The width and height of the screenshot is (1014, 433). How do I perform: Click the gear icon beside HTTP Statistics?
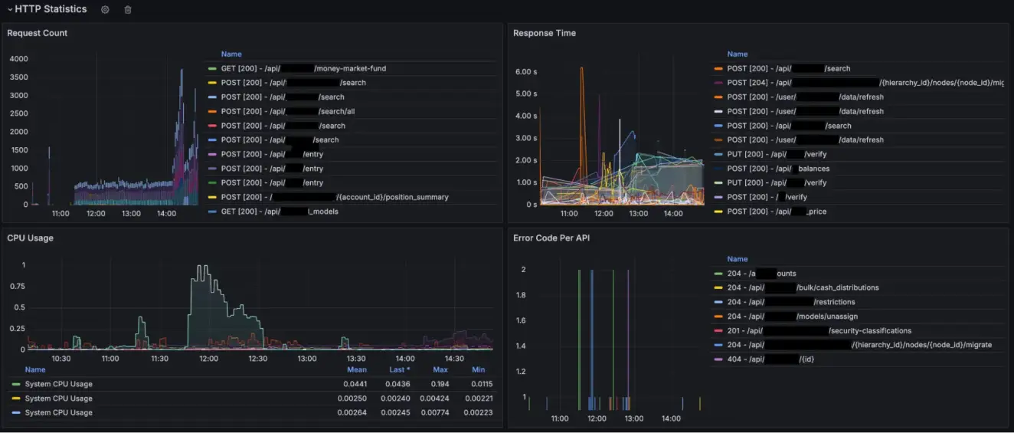tap(105, 10)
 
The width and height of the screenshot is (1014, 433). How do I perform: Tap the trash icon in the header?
tap(128, 10)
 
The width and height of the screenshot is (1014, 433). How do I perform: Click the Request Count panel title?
tap(37, 33)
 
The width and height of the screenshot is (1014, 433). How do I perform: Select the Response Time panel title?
tap(545, 33)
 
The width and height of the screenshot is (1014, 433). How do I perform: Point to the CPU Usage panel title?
tap(30, 238)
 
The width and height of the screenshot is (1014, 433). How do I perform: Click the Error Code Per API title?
tap(551, 238)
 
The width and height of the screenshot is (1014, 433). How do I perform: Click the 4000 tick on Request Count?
tap(18, 59)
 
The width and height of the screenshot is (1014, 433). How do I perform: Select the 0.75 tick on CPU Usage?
tap(18, 287)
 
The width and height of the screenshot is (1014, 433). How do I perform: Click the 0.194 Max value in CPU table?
tap(440, 384)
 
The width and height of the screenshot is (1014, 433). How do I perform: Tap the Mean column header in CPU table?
tap(356, 369)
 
